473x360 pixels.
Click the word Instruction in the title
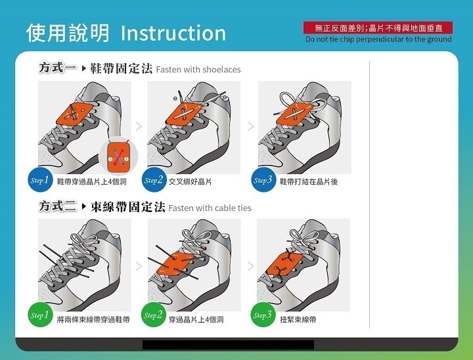[173, 33]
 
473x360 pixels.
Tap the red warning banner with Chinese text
[378, 28]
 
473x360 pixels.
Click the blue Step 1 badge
[40, 180]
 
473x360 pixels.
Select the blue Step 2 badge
[154, 180]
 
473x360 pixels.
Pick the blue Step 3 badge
[263, 180]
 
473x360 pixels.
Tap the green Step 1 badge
[40, 315]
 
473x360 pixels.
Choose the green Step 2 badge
[154, 315]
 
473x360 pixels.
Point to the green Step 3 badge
[263, 315]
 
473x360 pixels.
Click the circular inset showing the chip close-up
[118, 156]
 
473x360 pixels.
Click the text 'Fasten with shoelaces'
[198, 70]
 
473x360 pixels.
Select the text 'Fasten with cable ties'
[210, 208]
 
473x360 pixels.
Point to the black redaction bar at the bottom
[229, 345]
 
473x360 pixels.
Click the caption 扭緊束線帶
[298, 319]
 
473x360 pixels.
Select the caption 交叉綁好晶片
[191, 182]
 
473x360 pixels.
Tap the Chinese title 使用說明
[68, 33]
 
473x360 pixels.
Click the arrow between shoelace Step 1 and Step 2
[139, 126]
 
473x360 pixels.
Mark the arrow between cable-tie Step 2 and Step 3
[251, 266]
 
